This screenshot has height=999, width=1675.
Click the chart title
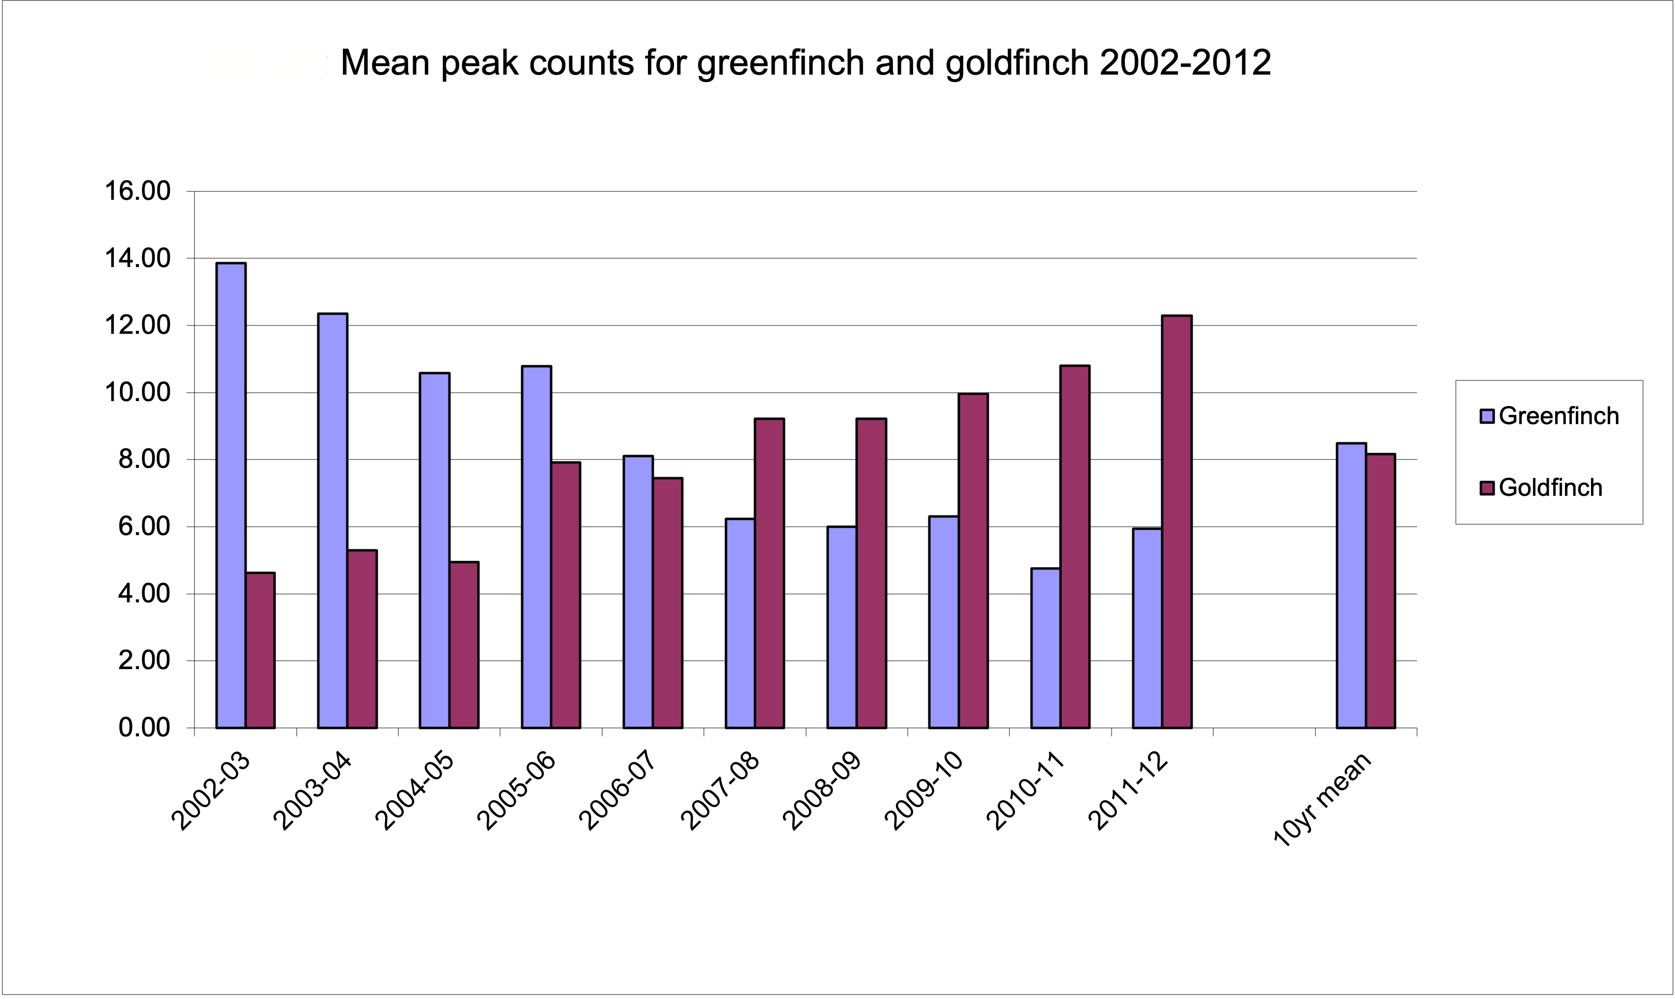[x=806, y=63]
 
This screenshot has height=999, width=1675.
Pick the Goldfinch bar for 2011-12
[x=1176, y=522]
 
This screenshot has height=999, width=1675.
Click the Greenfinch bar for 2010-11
[x=1045, y=648]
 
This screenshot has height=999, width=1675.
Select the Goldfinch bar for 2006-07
[x=668, y=603]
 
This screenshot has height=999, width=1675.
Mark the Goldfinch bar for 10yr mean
[x=1381, y=591]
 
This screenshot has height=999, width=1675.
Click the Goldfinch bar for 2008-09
[x=871, y=573]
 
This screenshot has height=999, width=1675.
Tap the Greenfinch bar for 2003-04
[x=333, y=521]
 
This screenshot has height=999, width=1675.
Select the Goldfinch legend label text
[x=1550, y=488]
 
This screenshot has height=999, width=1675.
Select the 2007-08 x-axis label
[x=721, y=792]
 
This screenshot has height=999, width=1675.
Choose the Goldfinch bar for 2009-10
[x=973, y=561]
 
